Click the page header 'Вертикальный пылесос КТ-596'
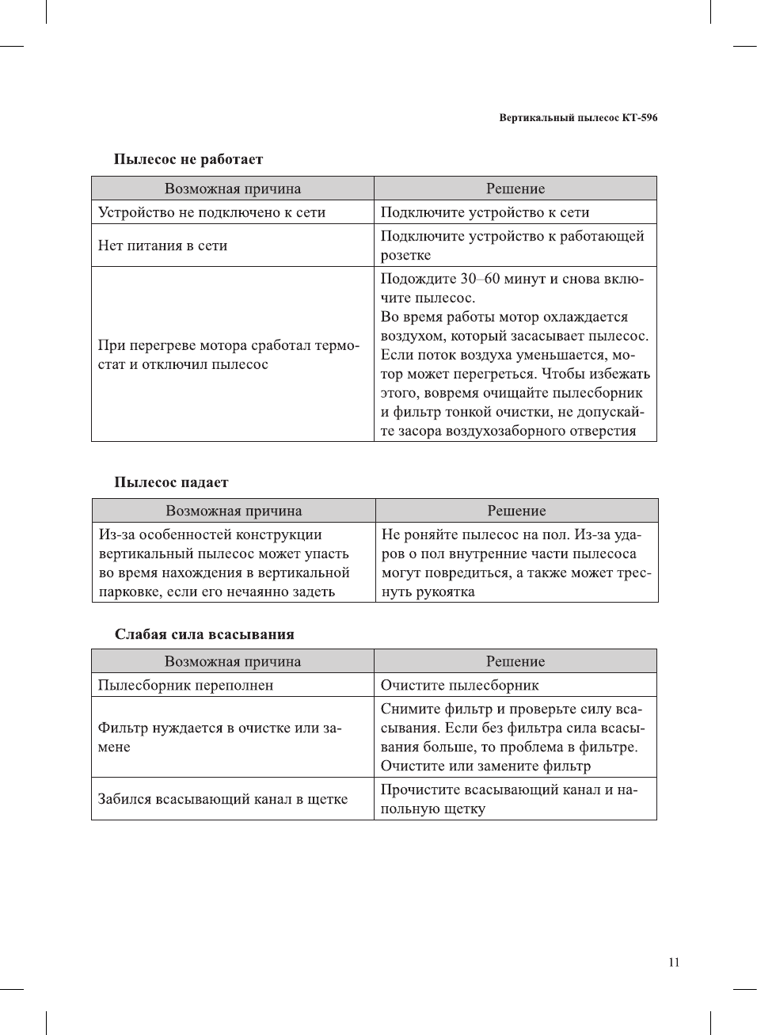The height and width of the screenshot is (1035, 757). point(578,118)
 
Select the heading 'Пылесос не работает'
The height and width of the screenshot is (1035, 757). point(188,159)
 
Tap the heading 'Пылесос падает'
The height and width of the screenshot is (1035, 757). point(171,482)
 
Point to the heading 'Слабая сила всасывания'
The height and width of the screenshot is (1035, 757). point(204,634)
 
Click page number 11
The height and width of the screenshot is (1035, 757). point(674,962)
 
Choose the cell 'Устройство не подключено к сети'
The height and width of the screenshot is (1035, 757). point(211,212)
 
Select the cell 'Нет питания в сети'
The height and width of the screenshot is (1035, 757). point(162,245)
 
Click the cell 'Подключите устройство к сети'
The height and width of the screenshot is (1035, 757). point(485,212)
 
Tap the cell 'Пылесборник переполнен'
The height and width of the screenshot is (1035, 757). point(185,685)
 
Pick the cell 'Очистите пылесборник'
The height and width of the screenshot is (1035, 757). point(459,685)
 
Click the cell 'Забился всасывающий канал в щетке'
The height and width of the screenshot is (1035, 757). point(223,799)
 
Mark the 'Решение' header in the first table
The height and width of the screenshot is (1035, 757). point(515,188)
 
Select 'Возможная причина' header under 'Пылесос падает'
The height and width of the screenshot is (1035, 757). point(234,511)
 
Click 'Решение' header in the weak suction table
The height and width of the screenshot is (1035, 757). point(515,661)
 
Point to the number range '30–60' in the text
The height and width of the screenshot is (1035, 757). point(480,279)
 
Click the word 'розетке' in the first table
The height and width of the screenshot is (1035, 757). point(405,255)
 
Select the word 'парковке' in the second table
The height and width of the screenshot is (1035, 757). point(130,592)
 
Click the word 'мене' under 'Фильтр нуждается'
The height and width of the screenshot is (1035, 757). point(114,747)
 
